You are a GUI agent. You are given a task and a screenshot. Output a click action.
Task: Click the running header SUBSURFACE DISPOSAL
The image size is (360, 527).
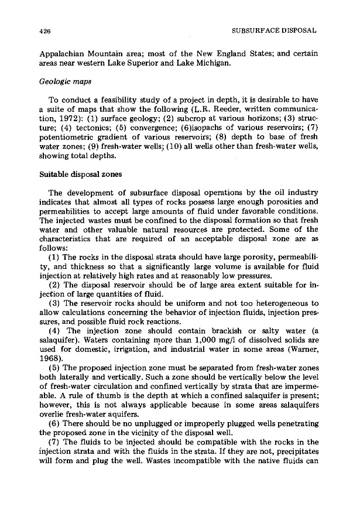(275, 30)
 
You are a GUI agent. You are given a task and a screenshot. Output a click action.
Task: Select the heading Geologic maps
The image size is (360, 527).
(56, 84)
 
